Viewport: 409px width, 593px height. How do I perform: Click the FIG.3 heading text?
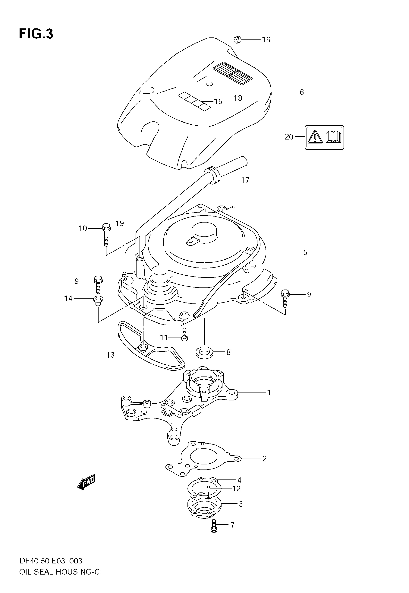tap(36, 34)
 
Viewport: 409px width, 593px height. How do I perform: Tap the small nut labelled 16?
tap(237, 40)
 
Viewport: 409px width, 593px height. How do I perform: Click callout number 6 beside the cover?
tap(302, 92)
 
